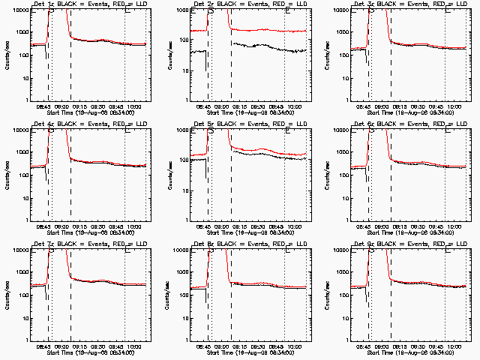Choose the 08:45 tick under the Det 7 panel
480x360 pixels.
point(43,343)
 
